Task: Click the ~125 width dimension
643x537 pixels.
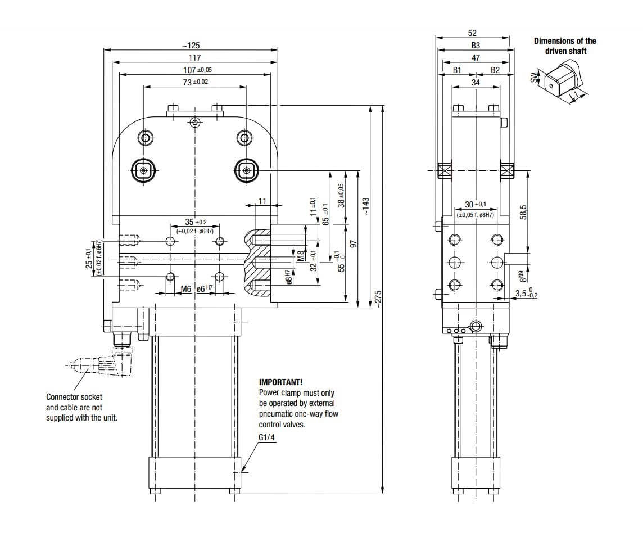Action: coord(191,46)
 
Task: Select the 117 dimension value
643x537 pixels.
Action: coord(194,58)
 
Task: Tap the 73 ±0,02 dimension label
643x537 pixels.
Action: coord(195,82)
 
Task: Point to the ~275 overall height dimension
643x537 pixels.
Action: coord(378,299)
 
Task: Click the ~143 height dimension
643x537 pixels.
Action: coord(365,206)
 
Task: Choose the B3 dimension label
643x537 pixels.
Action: coord(476,46)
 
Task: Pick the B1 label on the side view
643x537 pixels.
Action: coord(457,70)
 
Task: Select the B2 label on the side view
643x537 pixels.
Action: coord(495,70)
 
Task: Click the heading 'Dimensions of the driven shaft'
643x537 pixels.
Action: coord(565,46)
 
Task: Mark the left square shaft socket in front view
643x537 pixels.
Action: coord(144,170)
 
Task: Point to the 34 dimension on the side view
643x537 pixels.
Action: coord(476,83)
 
